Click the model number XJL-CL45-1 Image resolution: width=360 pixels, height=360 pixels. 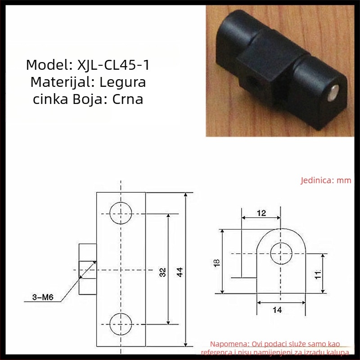[x=113, y=65]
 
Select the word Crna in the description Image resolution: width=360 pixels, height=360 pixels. [x=127, y=99]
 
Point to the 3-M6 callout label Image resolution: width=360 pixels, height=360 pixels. [x=43, y=297]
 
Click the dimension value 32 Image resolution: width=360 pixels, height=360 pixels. [x=162, y=272]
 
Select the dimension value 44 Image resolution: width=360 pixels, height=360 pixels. [x=180, y=272]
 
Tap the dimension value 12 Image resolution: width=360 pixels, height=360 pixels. [x=261, y=213]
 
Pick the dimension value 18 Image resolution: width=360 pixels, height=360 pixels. [x=216, y=263]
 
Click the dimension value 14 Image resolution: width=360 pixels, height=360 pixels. [x=277, y=310]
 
